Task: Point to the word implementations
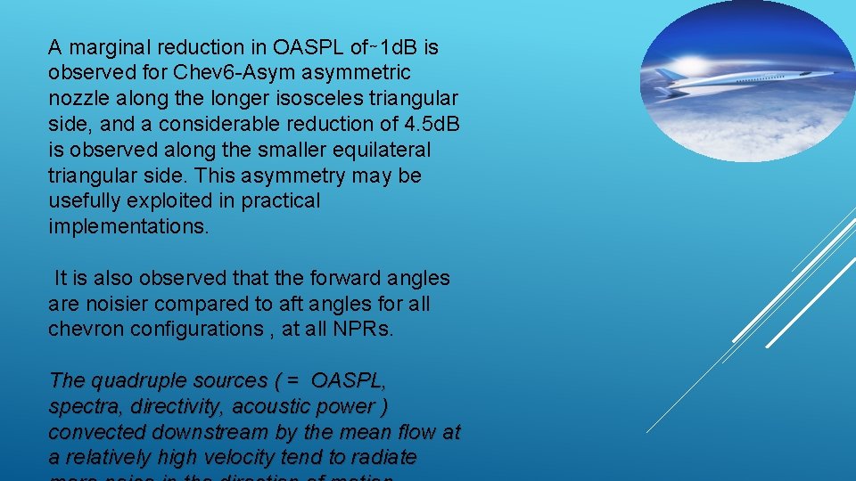point(128,227)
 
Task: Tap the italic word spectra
point(86,407)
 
